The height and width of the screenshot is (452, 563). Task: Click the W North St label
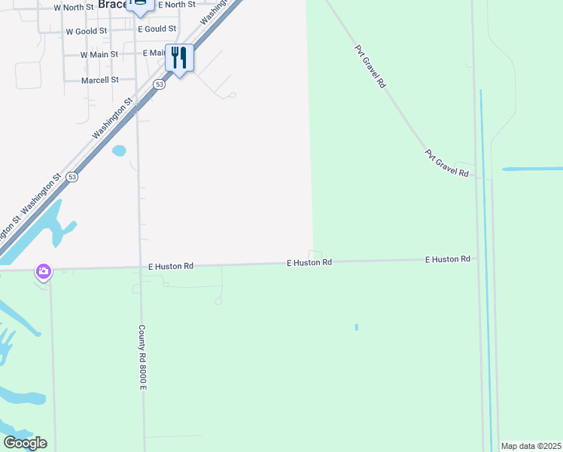73,8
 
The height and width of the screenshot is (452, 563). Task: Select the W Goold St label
87,32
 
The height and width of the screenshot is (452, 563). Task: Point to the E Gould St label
157,29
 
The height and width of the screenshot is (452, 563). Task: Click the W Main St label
99,54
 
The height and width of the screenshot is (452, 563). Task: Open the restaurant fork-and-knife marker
179,57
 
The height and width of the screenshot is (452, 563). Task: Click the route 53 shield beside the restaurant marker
159,85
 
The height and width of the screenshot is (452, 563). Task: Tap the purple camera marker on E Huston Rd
44,271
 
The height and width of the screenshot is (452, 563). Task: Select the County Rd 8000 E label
142,357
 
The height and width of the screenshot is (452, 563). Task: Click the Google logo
25,443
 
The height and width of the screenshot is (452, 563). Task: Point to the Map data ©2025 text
531,446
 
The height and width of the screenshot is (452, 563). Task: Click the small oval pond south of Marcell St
119,151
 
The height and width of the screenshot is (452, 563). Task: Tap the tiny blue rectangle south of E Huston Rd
356,327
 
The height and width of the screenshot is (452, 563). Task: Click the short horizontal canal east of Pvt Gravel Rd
532,169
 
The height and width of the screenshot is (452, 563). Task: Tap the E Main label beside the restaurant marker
154,53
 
